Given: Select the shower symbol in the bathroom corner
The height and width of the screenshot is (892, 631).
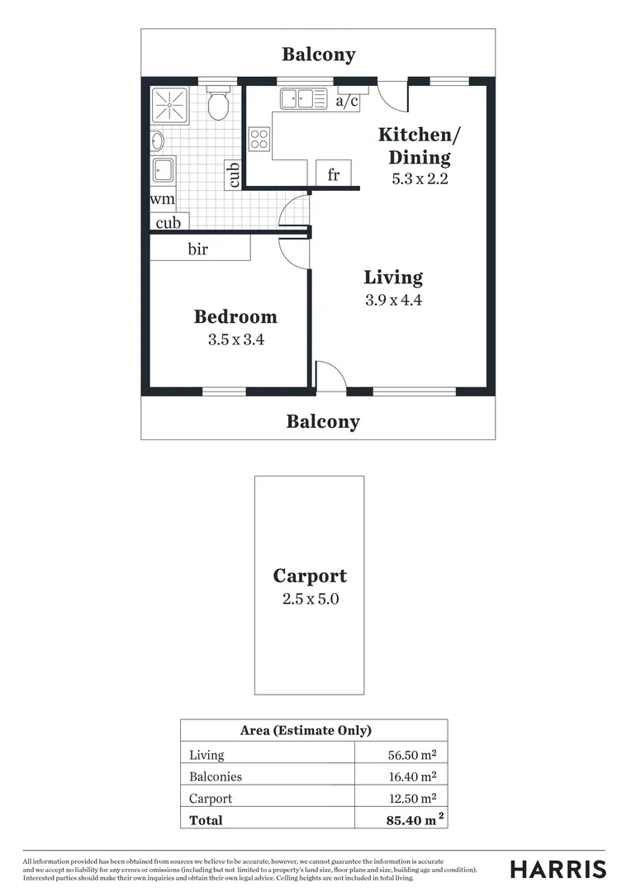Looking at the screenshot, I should (x=170, y=105).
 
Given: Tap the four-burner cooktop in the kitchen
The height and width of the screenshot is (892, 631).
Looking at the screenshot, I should (x=259, y=139).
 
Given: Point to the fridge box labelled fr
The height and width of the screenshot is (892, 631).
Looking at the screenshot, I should (x=334, y=174).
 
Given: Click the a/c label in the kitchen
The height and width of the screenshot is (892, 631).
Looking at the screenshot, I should (x=348, y=101).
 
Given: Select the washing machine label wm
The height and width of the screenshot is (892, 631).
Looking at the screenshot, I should (x=162, y=199).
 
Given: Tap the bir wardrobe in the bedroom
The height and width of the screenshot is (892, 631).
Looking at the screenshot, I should (x=199, y=249).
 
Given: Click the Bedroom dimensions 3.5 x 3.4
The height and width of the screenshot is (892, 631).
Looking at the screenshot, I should (x=235, y=339).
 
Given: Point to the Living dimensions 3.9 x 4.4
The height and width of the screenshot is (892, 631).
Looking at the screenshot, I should (x=394, y=301).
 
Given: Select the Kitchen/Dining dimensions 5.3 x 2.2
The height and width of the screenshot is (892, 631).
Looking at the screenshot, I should (x=419, y=178).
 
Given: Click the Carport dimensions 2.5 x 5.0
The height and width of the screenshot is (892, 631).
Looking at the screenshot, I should (x=310, y=599).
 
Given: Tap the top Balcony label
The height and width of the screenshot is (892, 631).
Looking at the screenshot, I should (x=318, y=55).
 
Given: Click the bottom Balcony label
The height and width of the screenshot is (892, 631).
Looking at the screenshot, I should (x=323, y=422).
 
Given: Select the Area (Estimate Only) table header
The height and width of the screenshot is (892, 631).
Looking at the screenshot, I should (x=306, y=730).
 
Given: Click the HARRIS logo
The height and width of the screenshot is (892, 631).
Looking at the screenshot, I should (x=557, y=869).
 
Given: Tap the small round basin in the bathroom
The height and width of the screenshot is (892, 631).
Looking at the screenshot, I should (x=157, y=141).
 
